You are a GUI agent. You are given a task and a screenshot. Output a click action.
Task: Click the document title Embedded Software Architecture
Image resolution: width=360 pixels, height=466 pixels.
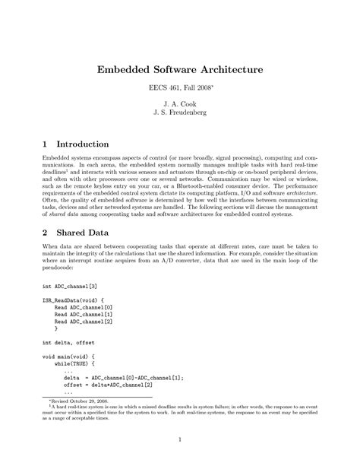point(179,69)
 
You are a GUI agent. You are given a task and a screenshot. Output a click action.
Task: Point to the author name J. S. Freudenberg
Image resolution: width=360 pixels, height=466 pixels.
point(179,120)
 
